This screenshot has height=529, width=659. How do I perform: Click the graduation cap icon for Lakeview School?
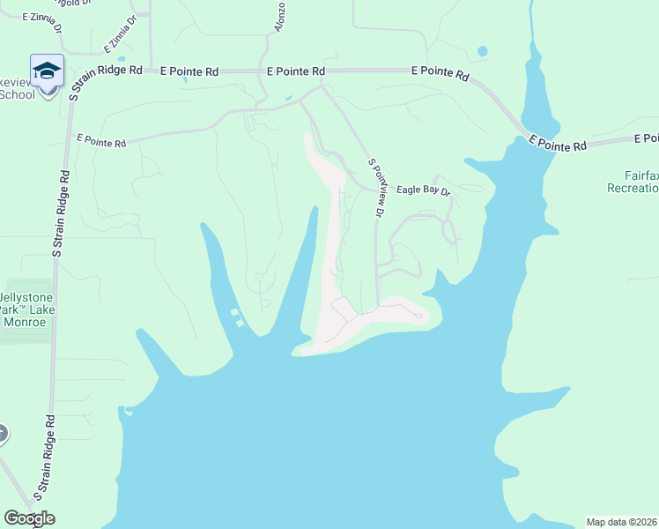[x=47, y=70]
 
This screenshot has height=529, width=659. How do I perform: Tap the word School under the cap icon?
[x=17, y=94]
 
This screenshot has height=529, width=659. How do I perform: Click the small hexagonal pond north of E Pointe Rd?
[x=482, y=51]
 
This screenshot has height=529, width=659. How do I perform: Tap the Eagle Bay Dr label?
[x=423, y=190]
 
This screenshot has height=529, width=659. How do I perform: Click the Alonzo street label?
[x=279, y=17]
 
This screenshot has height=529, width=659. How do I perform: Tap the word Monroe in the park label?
[x=24, y=323]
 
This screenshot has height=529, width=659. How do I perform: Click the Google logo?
[x=29, y=518]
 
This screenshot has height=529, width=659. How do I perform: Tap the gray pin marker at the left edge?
[x=2, y=434]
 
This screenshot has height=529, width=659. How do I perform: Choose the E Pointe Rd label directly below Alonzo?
[x=295, y=71]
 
